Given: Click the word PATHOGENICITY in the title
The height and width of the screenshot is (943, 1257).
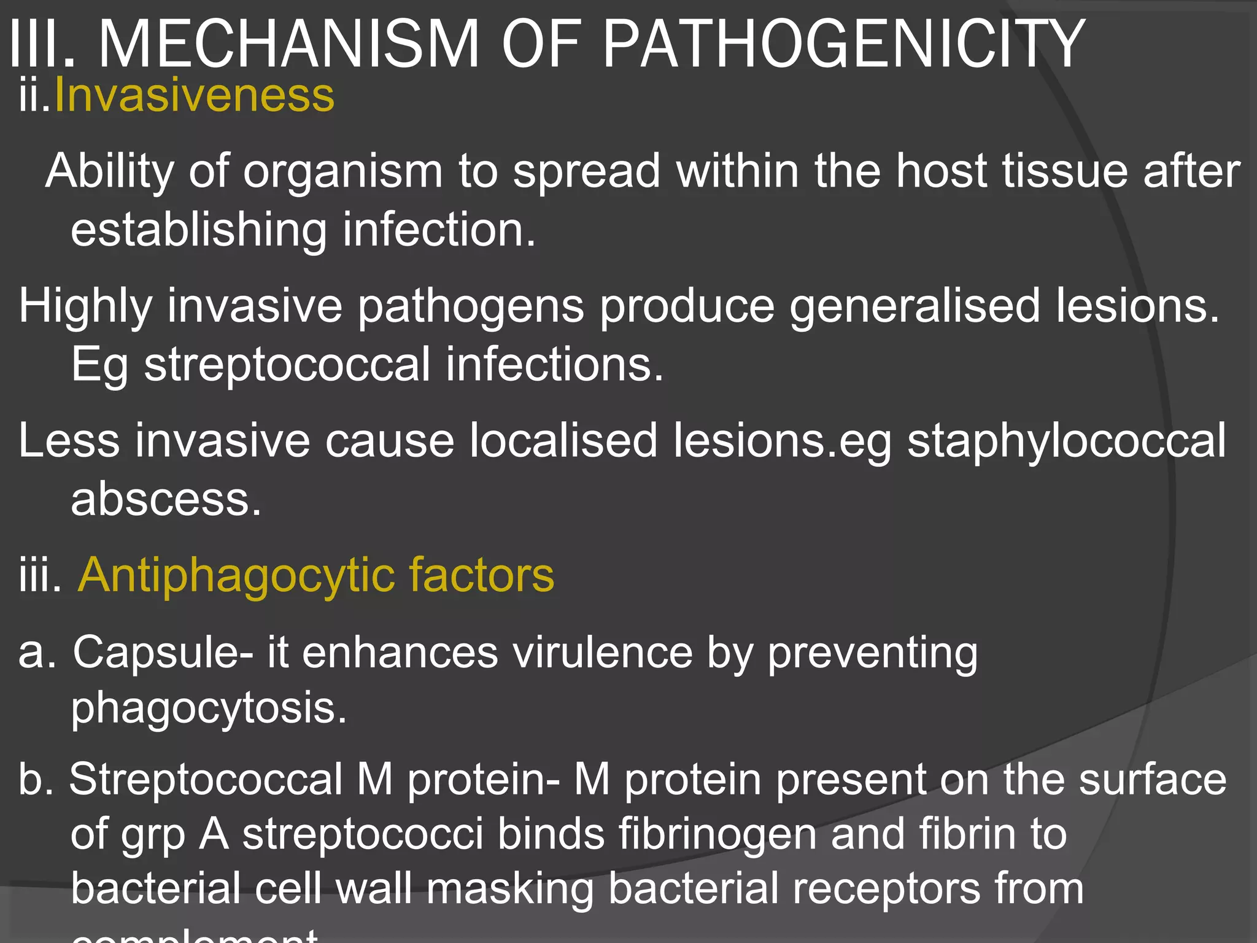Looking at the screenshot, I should coord(844,44).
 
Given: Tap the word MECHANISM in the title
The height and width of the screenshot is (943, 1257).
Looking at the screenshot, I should coord(288,44).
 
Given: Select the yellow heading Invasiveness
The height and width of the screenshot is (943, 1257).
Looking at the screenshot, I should coord(195,96).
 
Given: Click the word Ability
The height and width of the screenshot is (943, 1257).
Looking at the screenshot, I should coord(109,172).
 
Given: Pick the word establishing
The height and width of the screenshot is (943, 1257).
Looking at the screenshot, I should coord(199,231).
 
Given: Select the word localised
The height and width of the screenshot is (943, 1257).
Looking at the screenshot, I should coord(563,441).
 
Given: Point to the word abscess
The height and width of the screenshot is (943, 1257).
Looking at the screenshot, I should coord(166,499).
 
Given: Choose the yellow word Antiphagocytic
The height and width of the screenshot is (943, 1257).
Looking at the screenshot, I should coord(236,576).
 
